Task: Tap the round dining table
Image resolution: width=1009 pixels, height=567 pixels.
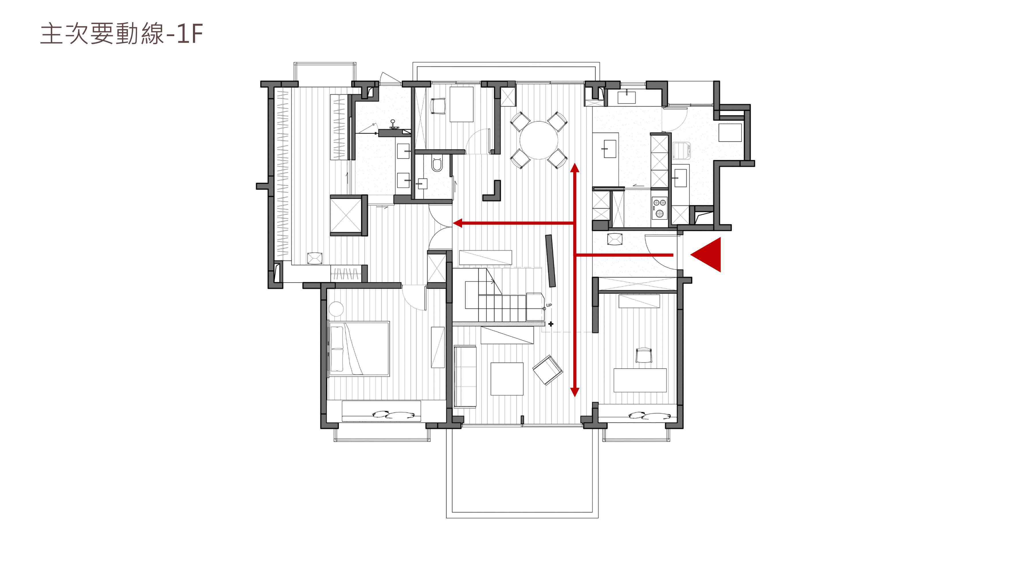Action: click(x=539, y=140)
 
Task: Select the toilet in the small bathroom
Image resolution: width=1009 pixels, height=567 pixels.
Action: click(x=436, y=164)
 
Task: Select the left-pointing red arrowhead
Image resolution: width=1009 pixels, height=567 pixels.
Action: click(x=457, y=223)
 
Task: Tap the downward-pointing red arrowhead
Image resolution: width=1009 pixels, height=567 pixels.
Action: click(x=575, y=392)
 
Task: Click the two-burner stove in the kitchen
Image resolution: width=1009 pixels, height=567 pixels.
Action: click(x=660, y=208)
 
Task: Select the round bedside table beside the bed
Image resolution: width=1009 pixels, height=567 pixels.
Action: click(x=336, y=309)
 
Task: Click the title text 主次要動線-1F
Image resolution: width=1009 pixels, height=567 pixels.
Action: click(x=122, y=34)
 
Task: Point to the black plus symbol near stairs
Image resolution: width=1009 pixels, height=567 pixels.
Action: click(x=551, y=324)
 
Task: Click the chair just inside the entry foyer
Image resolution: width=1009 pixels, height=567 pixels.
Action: click(x=615, y=239)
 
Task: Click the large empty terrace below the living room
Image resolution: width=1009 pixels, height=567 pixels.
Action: click(x=522, y=472)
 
